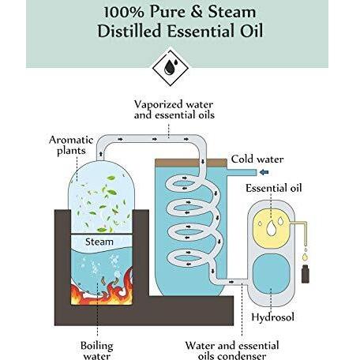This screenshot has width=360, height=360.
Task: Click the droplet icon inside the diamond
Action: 171,67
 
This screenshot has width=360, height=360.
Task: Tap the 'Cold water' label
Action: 257,159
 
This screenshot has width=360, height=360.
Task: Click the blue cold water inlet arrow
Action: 264,172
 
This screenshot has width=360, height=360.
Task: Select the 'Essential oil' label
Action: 274,188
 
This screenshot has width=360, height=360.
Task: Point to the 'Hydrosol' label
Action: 272,317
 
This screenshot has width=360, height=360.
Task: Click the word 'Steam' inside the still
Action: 99,242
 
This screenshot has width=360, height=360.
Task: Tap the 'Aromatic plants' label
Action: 71,145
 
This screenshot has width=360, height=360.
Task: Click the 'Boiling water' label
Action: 97,351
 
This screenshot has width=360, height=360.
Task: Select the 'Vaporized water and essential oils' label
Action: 174,110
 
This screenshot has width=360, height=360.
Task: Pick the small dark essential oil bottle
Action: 306,274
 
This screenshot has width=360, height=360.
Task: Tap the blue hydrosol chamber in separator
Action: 272,274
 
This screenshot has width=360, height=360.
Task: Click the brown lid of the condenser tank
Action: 191,163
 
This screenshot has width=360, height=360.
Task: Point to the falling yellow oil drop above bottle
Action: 305,257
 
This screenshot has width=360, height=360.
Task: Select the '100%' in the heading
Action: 124,13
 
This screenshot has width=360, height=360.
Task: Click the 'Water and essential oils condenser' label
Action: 232,351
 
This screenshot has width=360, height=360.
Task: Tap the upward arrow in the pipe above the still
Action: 101,154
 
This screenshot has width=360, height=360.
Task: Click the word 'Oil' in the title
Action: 251,31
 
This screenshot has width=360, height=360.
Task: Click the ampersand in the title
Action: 197,13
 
